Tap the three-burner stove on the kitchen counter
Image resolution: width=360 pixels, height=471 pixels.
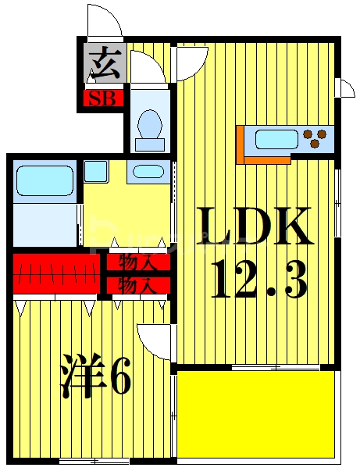coord(317,138)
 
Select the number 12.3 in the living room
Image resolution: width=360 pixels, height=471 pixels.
coord(257,279)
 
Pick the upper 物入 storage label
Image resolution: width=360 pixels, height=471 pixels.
coord(137,262)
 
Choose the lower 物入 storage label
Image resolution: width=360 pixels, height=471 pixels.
coord(137,284)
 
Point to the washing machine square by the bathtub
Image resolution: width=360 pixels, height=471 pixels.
coord(96,171)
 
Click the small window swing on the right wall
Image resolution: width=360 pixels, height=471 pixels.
coord(345,87)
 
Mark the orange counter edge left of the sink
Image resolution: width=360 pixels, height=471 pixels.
coord(241,144)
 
